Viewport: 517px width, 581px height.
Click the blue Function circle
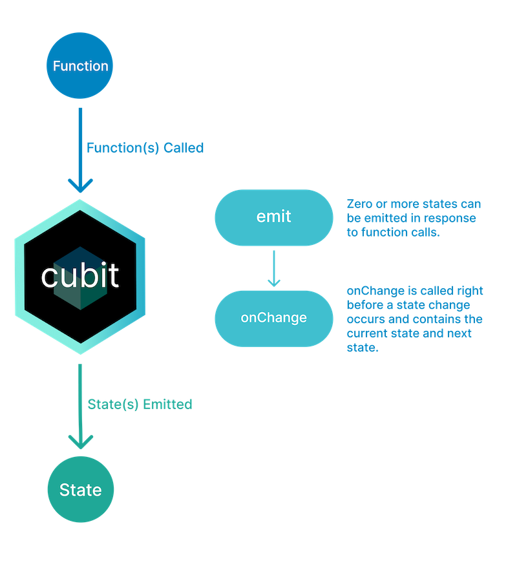[x=80, y=65]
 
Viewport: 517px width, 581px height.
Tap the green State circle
[x=80, y=490]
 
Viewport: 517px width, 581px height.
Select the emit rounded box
[x=274, y=217]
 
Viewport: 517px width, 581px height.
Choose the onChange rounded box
[x=274, y=318]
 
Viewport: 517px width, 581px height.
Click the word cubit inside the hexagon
[x=80, y=276]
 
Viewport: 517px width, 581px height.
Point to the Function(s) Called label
[x=145, y=147]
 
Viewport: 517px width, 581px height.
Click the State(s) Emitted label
[x=140, y=405]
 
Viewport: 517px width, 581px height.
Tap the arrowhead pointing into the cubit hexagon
[x=80, y=187]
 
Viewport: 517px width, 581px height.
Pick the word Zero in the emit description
[x=359, y=204]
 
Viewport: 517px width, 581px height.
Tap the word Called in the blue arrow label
[x=184, y=147]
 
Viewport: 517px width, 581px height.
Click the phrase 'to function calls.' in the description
[x=393, y=233]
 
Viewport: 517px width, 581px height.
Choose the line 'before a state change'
[x=408, y=305]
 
